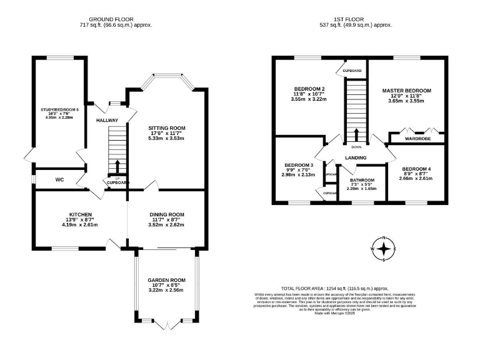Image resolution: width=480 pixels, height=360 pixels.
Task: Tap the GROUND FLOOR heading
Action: coord(116,19)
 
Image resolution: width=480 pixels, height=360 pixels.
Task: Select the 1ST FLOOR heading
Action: coord(356,19)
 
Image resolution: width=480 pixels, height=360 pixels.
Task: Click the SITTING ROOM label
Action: coord(167,128)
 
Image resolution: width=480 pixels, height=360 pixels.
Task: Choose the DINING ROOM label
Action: coord(167,214)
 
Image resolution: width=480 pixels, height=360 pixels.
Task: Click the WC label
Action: coord(60,180)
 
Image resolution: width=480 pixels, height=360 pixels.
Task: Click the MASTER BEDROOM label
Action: coord(407,91)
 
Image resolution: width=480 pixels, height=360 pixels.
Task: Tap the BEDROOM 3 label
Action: coord(298,164)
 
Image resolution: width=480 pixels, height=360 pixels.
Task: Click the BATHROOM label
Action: coord(362,179)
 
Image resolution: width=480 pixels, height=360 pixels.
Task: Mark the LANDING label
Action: coord(355,158)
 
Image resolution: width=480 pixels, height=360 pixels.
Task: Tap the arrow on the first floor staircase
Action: coord(356,134)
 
